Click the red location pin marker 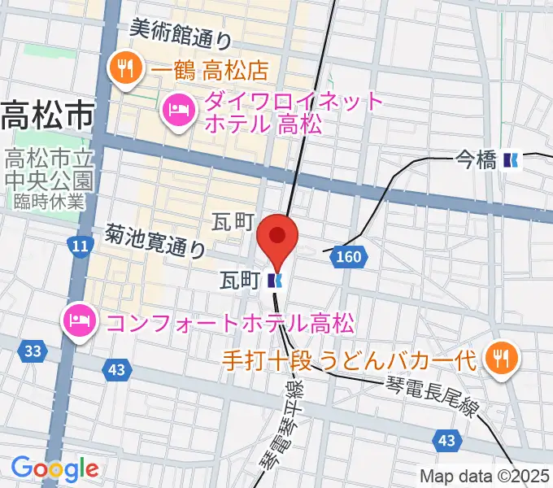[x=277, y=237]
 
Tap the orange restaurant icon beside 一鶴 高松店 [x=124, y=68]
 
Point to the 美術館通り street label [x=181, y=33]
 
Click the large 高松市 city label [x=46, y=116]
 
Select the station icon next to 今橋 [x=512, y=161]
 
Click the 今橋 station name [x=476, y=161]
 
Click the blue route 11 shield [x=79, y=246]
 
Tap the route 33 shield [x=33, y=351]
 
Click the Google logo [x=54, y=468]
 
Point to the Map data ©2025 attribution [x=485, y=477]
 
